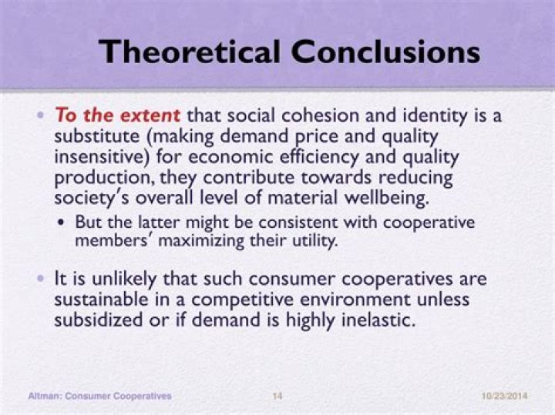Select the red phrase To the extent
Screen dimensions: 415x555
click(x=117, y=116)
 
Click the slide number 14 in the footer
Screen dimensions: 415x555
click(x=277, y=396)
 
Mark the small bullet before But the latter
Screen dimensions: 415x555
click(x=62, y=223)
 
